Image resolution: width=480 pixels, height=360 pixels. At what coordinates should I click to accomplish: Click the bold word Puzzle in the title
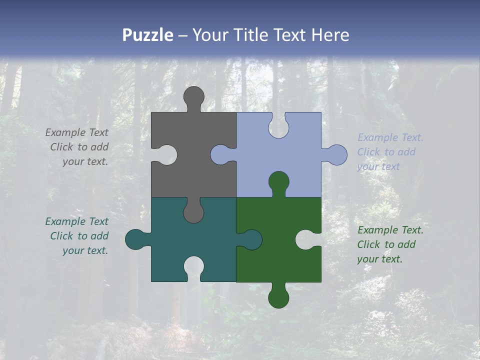click(148, 35)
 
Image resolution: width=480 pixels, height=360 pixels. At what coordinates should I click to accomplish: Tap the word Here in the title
click(330, 35)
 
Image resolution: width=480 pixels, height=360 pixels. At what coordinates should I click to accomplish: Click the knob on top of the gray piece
click(194, 97)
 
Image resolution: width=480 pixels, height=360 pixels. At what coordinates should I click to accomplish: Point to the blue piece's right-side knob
click(335, 155)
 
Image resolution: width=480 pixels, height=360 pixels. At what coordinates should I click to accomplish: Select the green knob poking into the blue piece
click(278, 183)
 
